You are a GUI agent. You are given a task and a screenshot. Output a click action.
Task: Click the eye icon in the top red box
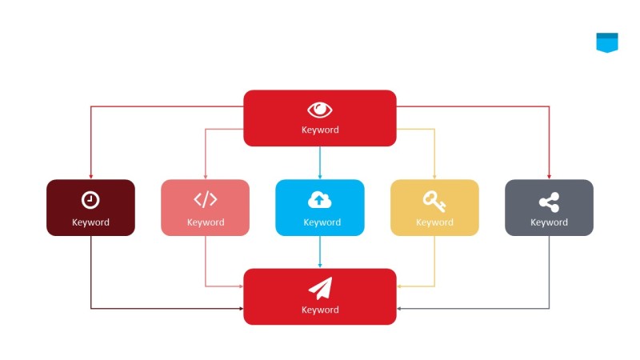pos(320,110)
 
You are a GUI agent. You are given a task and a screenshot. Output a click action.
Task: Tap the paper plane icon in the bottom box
pos(320,289)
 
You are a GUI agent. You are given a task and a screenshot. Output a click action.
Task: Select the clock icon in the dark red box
pos(90,200)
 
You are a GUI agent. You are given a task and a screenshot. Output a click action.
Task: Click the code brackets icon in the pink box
pos(206,200)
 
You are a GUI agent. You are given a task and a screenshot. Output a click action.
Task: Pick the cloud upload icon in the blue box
pos(320,200)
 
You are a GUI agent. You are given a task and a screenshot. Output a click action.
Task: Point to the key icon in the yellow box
pos(434,200)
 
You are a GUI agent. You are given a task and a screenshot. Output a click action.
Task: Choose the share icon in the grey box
pos(549,201)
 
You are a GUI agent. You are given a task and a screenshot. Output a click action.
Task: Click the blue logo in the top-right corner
pos(607,42)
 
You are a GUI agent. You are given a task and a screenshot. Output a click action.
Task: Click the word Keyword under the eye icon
pos(320,130)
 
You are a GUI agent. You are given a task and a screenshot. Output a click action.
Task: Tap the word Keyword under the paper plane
pos(320,310)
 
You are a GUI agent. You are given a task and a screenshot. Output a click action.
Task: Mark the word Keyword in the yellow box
pos(434,222)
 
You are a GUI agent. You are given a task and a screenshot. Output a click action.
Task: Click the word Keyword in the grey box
pos(549,222)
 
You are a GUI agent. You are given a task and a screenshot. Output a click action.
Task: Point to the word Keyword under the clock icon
pos(90,222)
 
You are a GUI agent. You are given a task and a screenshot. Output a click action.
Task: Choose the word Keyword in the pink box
pos(206,222)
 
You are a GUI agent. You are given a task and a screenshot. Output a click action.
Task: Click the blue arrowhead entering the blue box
pos(320,176)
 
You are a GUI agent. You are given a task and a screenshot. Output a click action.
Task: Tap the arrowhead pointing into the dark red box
pos(90,176)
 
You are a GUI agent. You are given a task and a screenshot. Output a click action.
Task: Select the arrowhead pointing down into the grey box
pos(549,176)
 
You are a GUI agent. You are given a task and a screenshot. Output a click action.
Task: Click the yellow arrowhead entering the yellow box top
pos(434,176)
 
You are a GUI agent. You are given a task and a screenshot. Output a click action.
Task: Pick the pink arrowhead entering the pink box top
pos(206,176)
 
